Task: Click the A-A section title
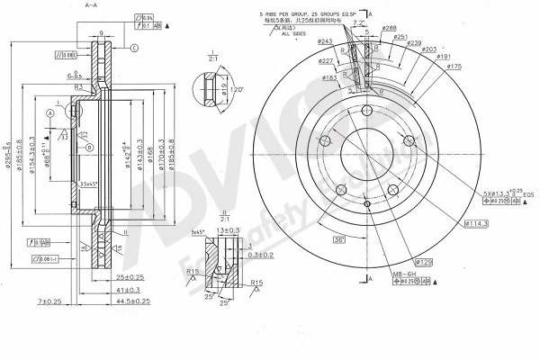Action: [91, 5]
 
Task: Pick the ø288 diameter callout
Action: [389, 28]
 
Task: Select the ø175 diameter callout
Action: [454, 67]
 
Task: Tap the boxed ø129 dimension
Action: [427, 261]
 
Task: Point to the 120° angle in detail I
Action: [236, 91]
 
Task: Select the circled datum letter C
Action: [133, 47]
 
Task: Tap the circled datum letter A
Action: [51, 113]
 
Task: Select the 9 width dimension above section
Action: [102, 33]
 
